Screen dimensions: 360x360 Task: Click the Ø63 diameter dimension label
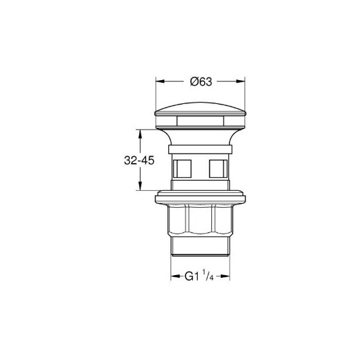click(201, 82)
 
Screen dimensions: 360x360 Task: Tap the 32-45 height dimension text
click(139, 160)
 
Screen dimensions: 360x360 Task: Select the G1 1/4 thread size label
click(199, 276)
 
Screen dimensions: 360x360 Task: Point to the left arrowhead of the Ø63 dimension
click(160, 82)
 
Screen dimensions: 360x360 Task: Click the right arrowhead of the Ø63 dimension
click(240, 82)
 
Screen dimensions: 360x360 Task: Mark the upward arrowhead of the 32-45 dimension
click(140, 134)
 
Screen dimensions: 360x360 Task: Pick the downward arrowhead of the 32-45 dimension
click(140, 185)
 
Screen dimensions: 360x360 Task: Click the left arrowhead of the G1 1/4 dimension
click(175, 276)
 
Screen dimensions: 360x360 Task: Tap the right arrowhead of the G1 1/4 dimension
click(226, 276)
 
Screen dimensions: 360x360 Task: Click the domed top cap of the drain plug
click(200, 109)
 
